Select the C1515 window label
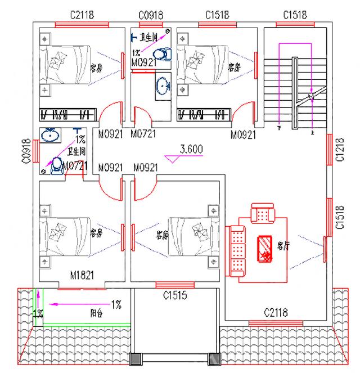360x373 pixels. pyautogui.click(x=174, y=295)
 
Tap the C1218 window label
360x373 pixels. pyautogui.click(x=340, y=150)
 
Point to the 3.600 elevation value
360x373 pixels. pyautogui.click(x=191, y=150)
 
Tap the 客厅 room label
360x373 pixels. pyautogui.click(x=283, y=245)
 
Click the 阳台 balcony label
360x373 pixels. pyautogui.click(x=96, y=312)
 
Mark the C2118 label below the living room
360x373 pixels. pyautogui.click(x=276, y=312)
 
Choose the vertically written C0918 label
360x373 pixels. pyautogui.click(x=26, y=152)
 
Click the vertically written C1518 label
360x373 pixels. pyautogui.click(x=340, y=217)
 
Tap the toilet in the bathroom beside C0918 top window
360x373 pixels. pyautogui.click(x=163, y=53)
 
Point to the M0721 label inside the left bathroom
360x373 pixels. pyautogui.click(x=74, y=166)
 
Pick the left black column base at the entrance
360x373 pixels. pyautogui.click(x=137, y=359)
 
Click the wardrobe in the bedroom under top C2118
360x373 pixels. pyautogui.click(x=65, y=114)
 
